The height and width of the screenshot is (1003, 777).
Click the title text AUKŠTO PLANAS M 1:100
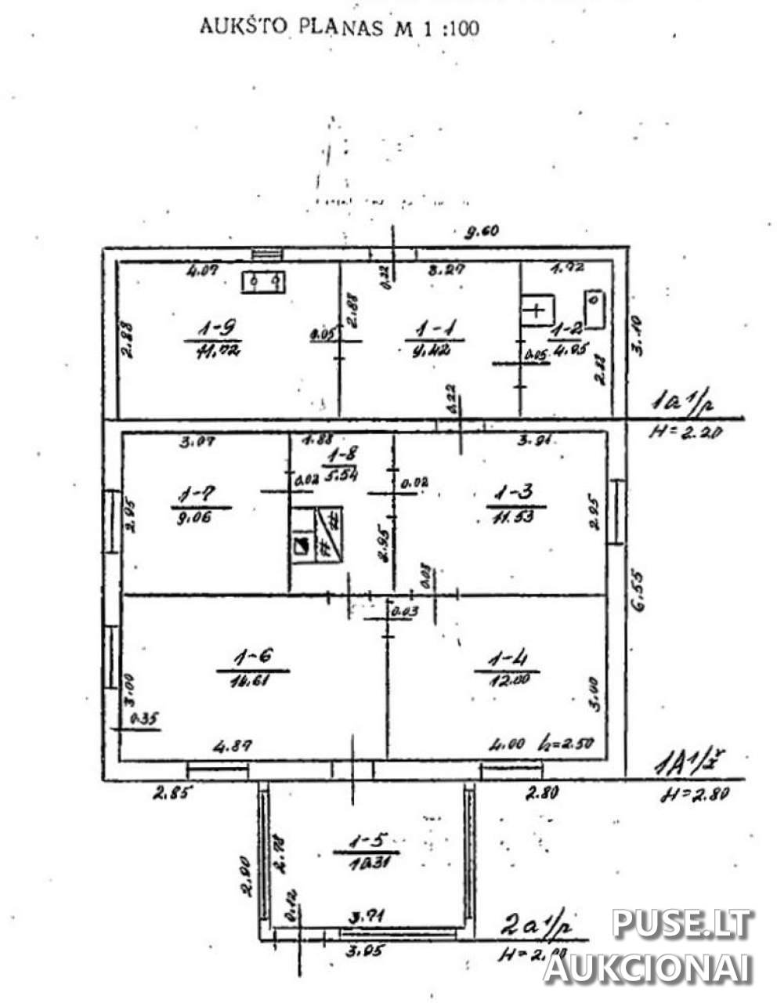339,27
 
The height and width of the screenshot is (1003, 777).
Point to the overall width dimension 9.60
482,231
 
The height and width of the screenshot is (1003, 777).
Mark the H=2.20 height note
685,432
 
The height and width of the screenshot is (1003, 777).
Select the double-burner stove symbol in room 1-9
262,281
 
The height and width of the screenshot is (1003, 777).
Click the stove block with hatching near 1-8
316,535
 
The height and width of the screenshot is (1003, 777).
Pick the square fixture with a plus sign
537,310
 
